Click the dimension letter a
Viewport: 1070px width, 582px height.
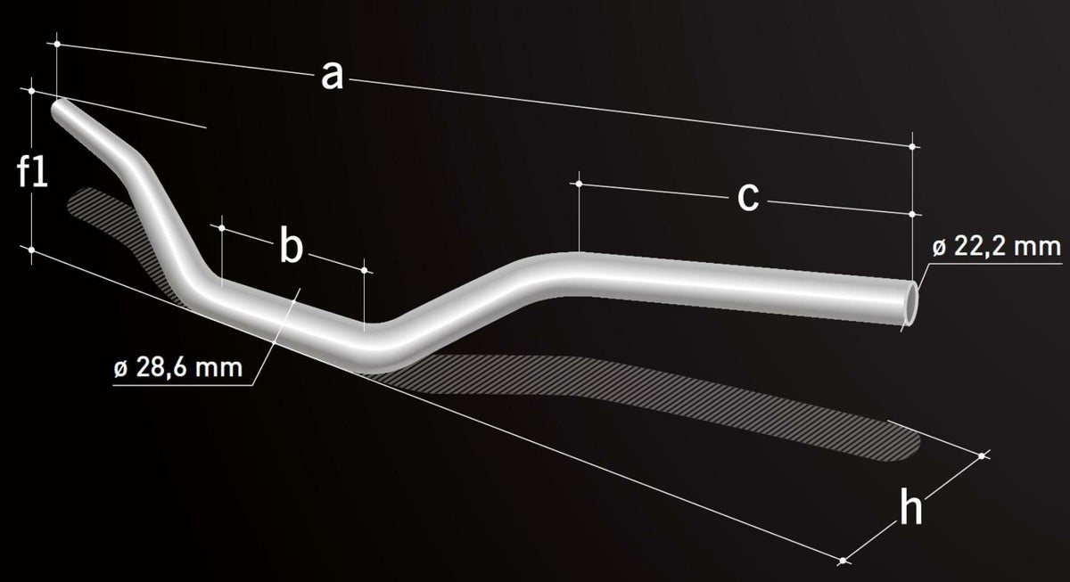(332, 76)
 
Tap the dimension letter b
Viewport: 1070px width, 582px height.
(291, 244)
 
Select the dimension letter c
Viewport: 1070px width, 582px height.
(748, 196)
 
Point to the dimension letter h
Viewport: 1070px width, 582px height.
(911, 506)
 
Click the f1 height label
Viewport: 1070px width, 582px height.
(32, 171)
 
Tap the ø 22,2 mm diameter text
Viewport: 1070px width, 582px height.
(997, 247)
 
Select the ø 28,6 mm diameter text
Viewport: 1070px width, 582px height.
(178, 367)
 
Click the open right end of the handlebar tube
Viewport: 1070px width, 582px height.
(911, 303)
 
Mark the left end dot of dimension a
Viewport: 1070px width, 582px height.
(57, 44)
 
